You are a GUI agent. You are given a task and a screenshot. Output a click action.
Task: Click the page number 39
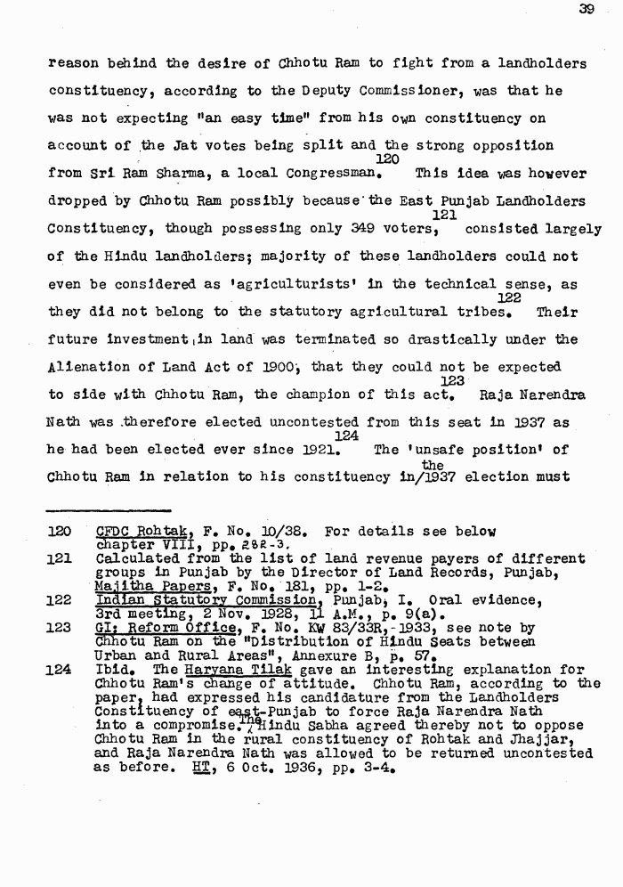(x=586, y=11)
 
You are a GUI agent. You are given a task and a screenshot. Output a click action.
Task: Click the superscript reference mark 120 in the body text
(x=387, y=159)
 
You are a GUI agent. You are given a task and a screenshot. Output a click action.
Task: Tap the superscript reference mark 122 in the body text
(x=509, y=298)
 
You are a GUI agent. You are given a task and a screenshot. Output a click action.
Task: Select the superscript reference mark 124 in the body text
(x=346, y=436)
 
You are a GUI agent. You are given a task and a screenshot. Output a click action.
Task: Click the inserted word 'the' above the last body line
(x=433, y=465)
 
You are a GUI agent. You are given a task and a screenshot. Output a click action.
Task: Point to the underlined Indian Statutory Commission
(x=189, y=600)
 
